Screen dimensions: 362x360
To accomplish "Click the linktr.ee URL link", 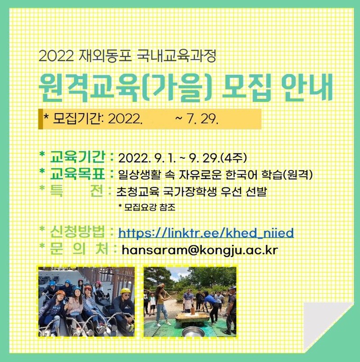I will [x=205, y=233].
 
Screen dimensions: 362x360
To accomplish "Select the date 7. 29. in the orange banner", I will [x=203, y=119].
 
